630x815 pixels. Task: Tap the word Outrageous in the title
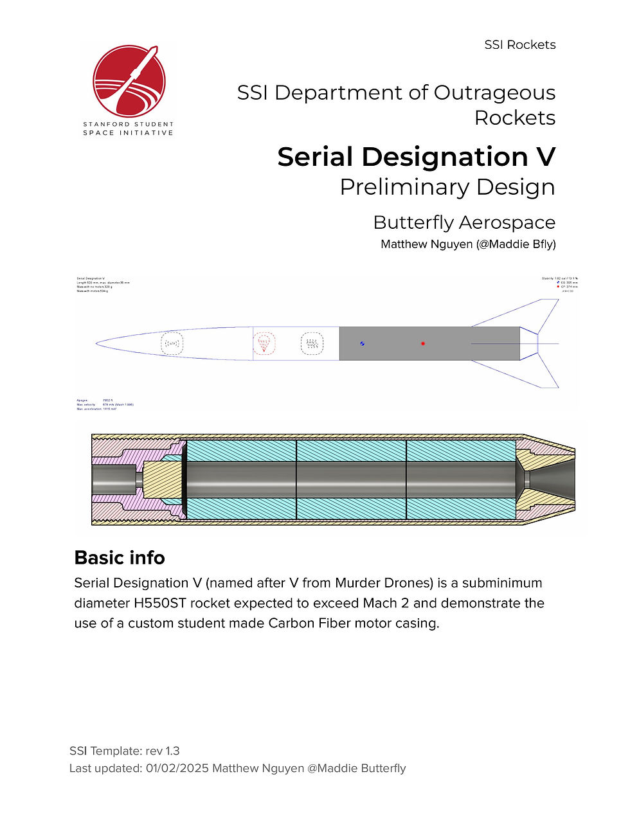494,93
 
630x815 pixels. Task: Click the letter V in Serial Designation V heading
544,157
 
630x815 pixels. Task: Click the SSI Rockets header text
519,45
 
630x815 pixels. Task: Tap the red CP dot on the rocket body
423,344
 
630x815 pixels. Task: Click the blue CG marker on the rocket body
363,344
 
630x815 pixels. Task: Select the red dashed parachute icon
264,344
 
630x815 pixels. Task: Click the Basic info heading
120,557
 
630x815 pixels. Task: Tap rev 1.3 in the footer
163,751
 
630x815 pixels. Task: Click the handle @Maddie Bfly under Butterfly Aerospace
516,244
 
